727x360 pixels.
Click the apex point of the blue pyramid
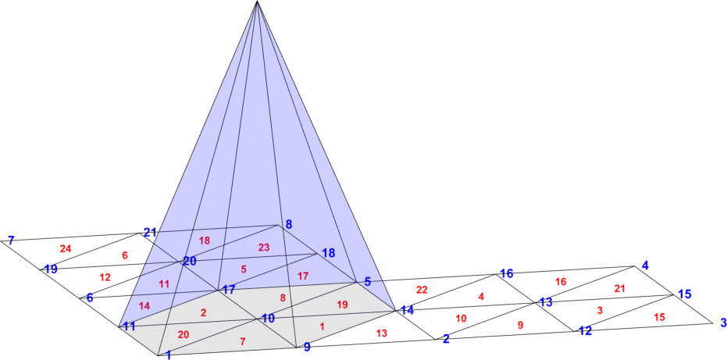click(256, 2)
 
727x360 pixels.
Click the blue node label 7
click(11, 241)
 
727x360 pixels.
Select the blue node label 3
click(723, 322)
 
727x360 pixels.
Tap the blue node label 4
click(645, 266)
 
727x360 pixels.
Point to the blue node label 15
click(684, 294)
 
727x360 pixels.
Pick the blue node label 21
click(150, 232)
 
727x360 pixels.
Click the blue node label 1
click(169, 355)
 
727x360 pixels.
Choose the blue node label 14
click(408, 311)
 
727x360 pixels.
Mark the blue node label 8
click(289, 225)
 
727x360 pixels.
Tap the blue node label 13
click(546, 302)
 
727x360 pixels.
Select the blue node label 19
click(51, 269)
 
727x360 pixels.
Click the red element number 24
click(66, 248)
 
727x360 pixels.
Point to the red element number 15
click(659, 317)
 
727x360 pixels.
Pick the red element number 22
click(422, 290)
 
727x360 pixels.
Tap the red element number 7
click(243, 341)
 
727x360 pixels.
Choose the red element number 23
click(264, 248)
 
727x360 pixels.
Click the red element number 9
click(521, 326)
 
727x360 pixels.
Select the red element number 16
click(561, 282)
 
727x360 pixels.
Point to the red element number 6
click(124, 255)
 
